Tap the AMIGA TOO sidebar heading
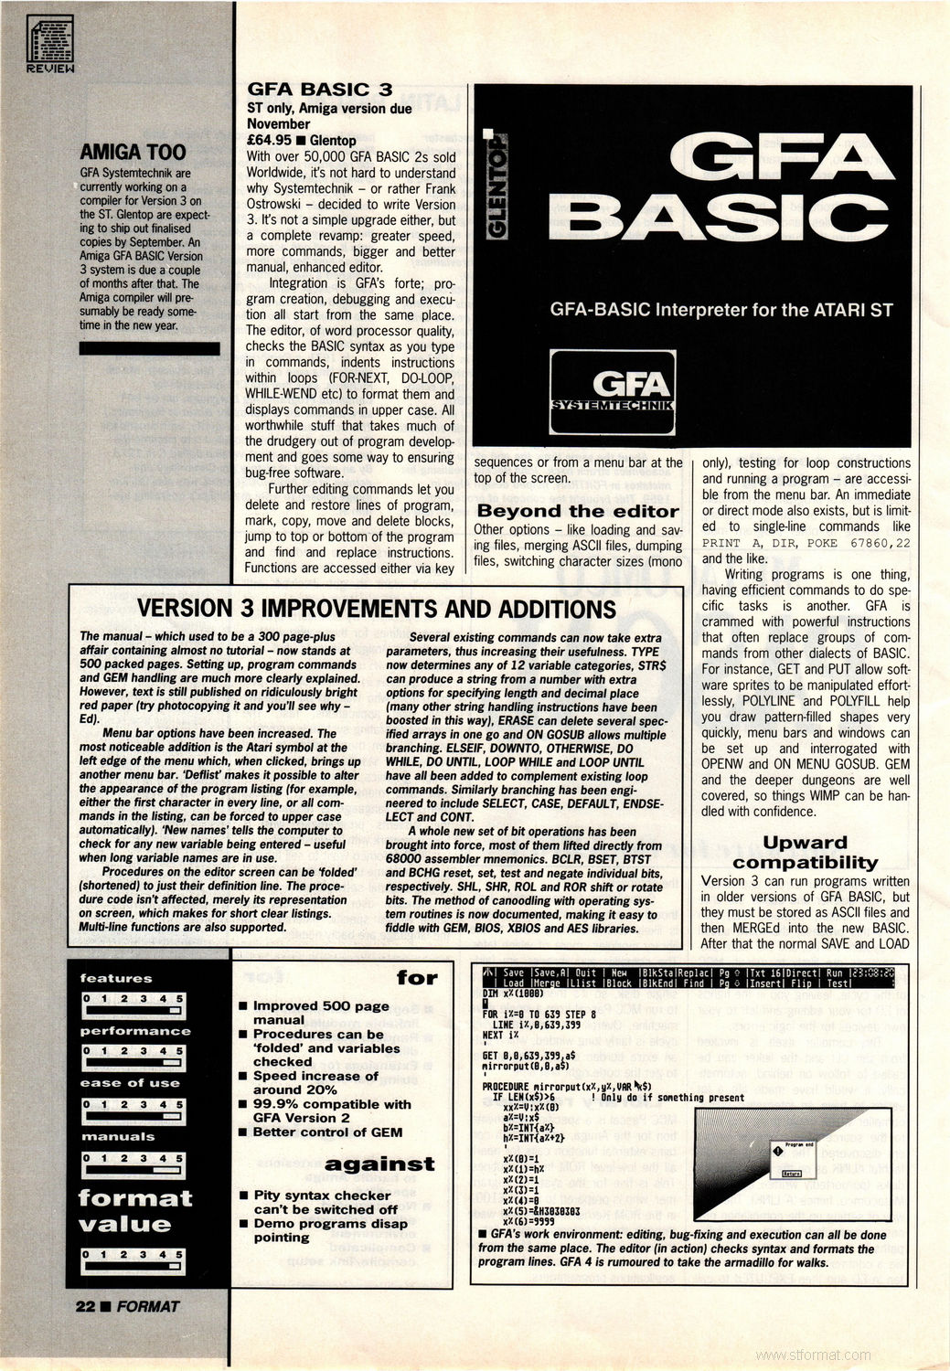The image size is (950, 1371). point(133,152)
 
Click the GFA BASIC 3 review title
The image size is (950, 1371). point(320,89)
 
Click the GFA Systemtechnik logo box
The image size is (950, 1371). point(612,392)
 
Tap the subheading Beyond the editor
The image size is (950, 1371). point(578,511)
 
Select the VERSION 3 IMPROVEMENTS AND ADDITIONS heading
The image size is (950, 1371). point(376,610)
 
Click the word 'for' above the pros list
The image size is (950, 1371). point(417,977)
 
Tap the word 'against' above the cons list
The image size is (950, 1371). point(379,1164)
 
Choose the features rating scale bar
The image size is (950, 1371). point(133,1005)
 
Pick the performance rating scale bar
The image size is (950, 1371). point(133,1057)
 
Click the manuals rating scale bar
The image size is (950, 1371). point(133,1164)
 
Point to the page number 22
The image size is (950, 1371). point(85,1306)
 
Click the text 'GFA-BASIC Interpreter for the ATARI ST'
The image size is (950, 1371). point(721,310)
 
